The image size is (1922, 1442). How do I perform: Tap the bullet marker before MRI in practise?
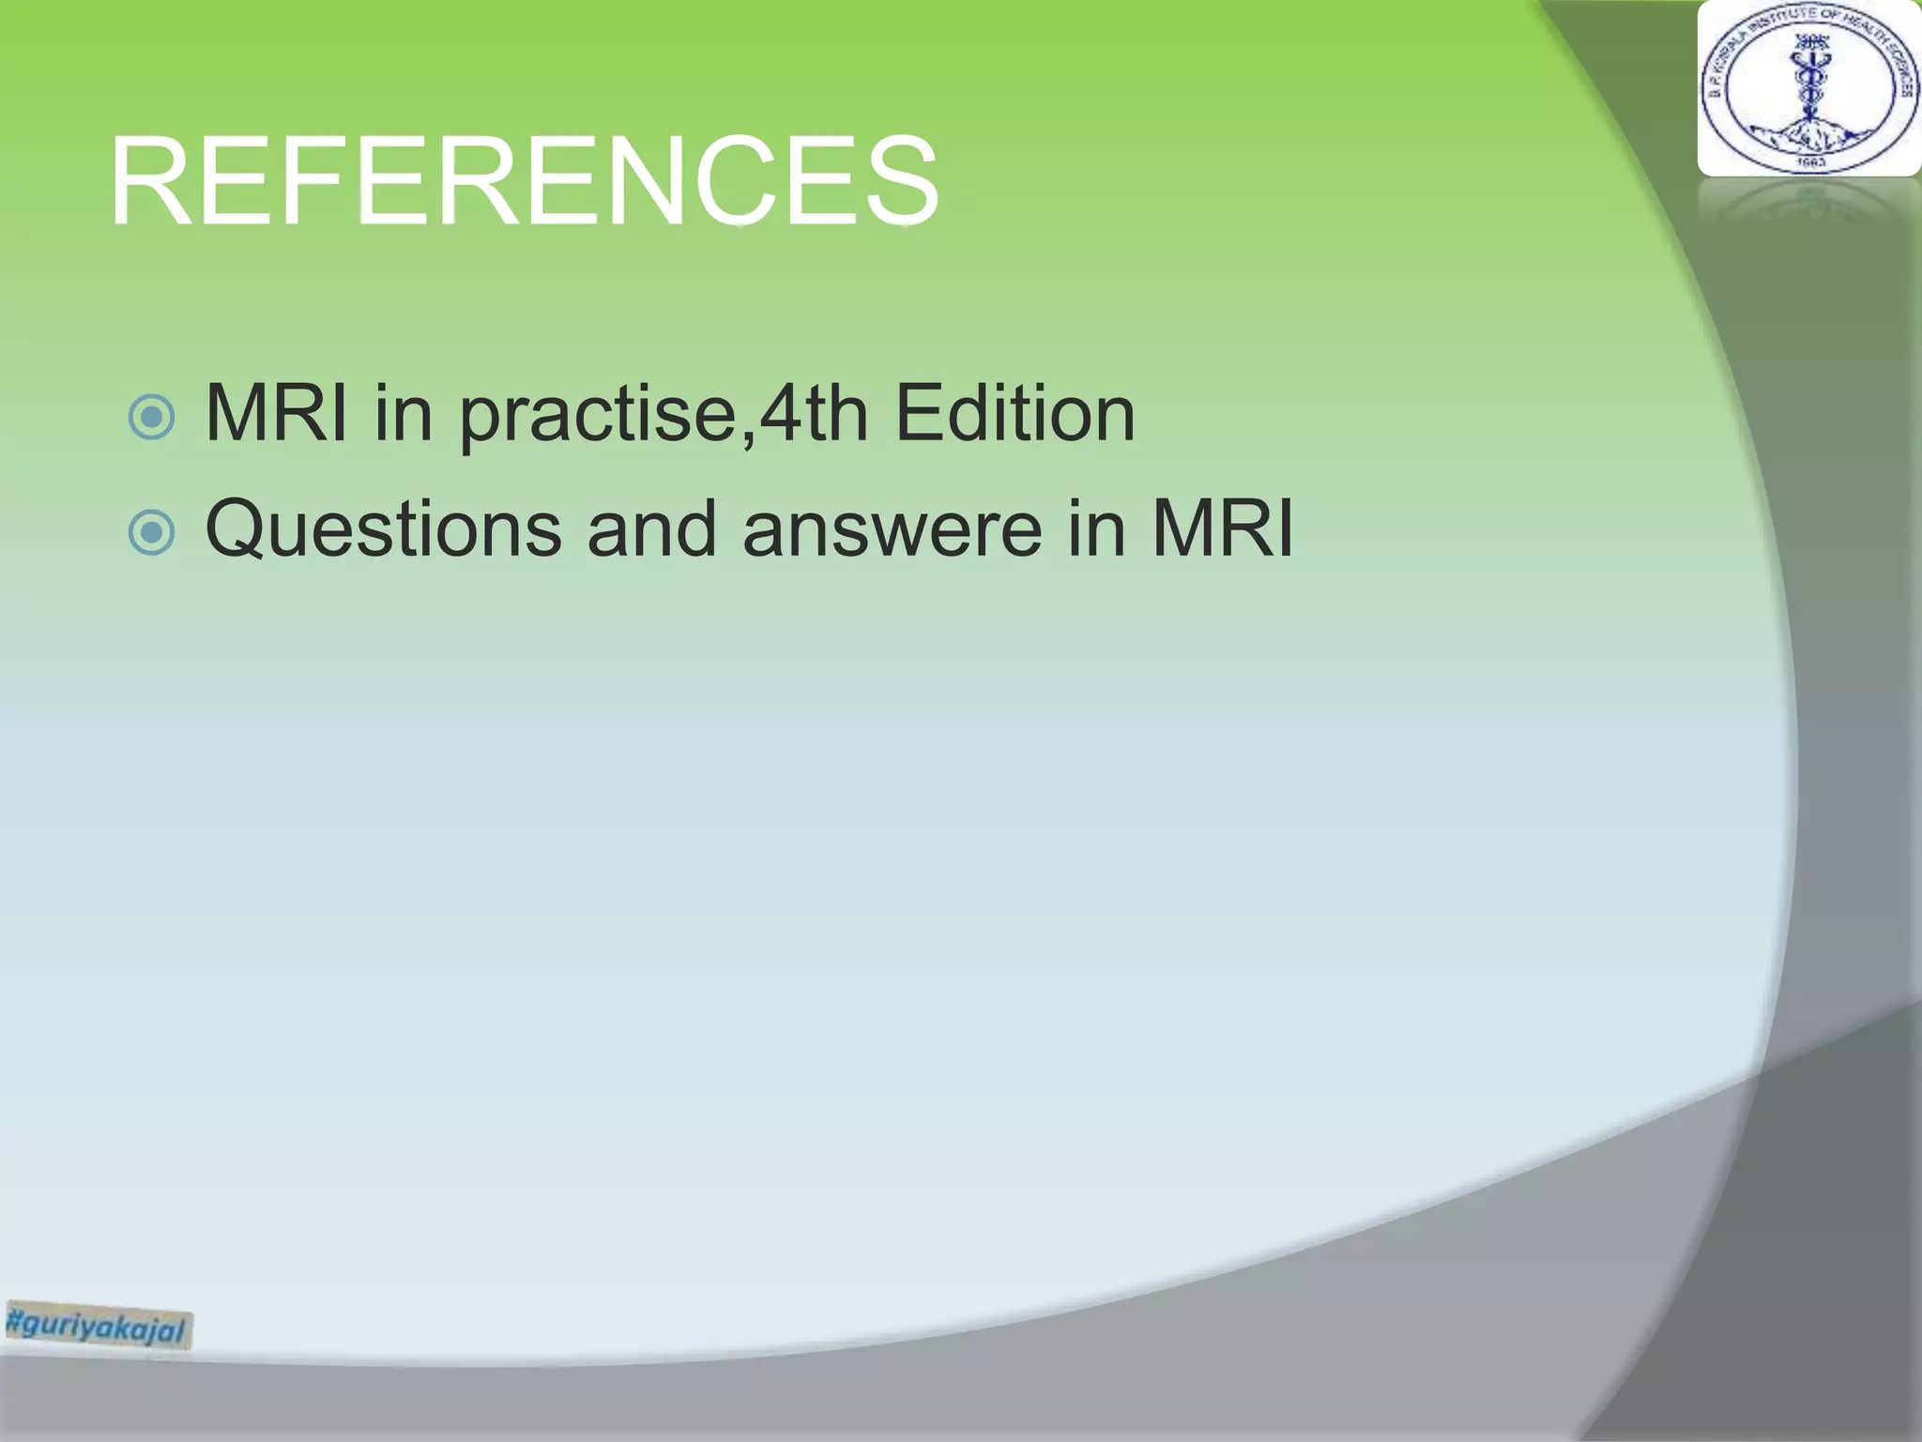tap(151, 417)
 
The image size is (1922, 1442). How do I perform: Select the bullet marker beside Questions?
tap(151, 533)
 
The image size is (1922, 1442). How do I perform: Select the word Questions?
tap(383, 529)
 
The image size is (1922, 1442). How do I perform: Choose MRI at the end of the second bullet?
tap(1222, 529)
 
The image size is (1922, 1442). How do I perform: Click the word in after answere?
tap(1096, 529)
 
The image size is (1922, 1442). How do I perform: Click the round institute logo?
tap(1808, 89)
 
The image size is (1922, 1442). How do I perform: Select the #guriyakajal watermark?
tap(98, 1326)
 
